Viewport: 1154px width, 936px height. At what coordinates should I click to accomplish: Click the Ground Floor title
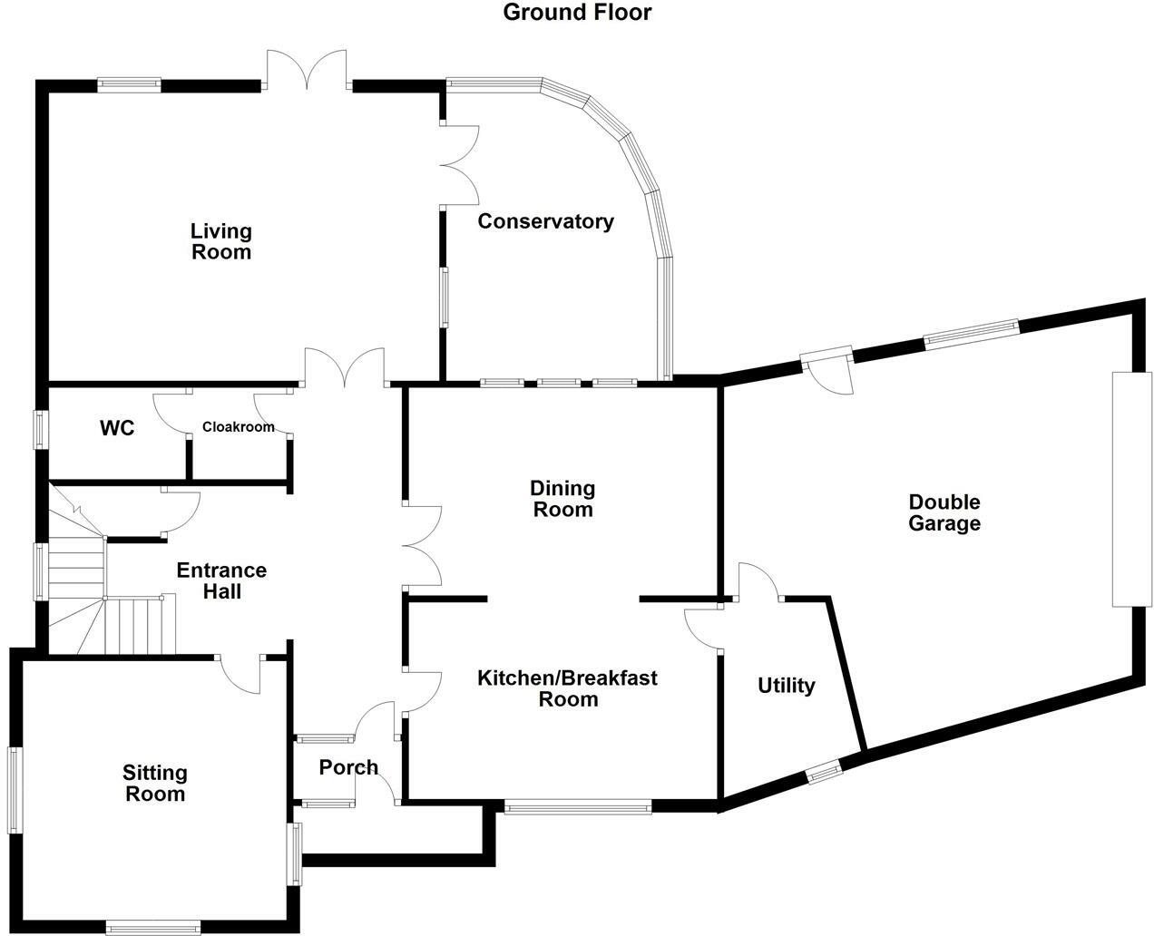click(577, 13)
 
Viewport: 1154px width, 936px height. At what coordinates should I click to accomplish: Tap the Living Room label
click(220, 242)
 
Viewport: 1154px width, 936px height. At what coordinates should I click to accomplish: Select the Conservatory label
click(545, 221)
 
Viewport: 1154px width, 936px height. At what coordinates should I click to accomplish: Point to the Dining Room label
click(562, 499)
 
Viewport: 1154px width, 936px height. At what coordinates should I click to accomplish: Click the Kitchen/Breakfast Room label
click(568, 688)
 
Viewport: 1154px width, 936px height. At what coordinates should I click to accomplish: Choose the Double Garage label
click(944, 512)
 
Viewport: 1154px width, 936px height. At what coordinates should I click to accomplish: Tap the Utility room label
click(787, 686)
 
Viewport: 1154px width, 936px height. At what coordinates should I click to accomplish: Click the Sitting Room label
click(154, 783)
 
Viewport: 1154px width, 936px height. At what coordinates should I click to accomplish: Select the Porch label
click(348, 768)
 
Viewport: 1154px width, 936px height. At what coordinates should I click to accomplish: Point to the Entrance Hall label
click(221, 580)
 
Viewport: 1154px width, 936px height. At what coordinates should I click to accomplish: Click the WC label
click(117, 428)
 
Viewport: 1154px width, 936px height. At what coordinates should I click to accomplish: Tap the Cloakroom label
click(238, 427)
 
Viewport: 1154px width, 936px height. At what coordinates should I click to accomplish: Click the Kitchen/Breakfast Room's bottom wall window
click(578, 806)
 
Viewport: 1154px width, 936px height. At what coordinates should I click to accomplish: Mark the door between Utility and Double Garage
click(760, 582)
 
